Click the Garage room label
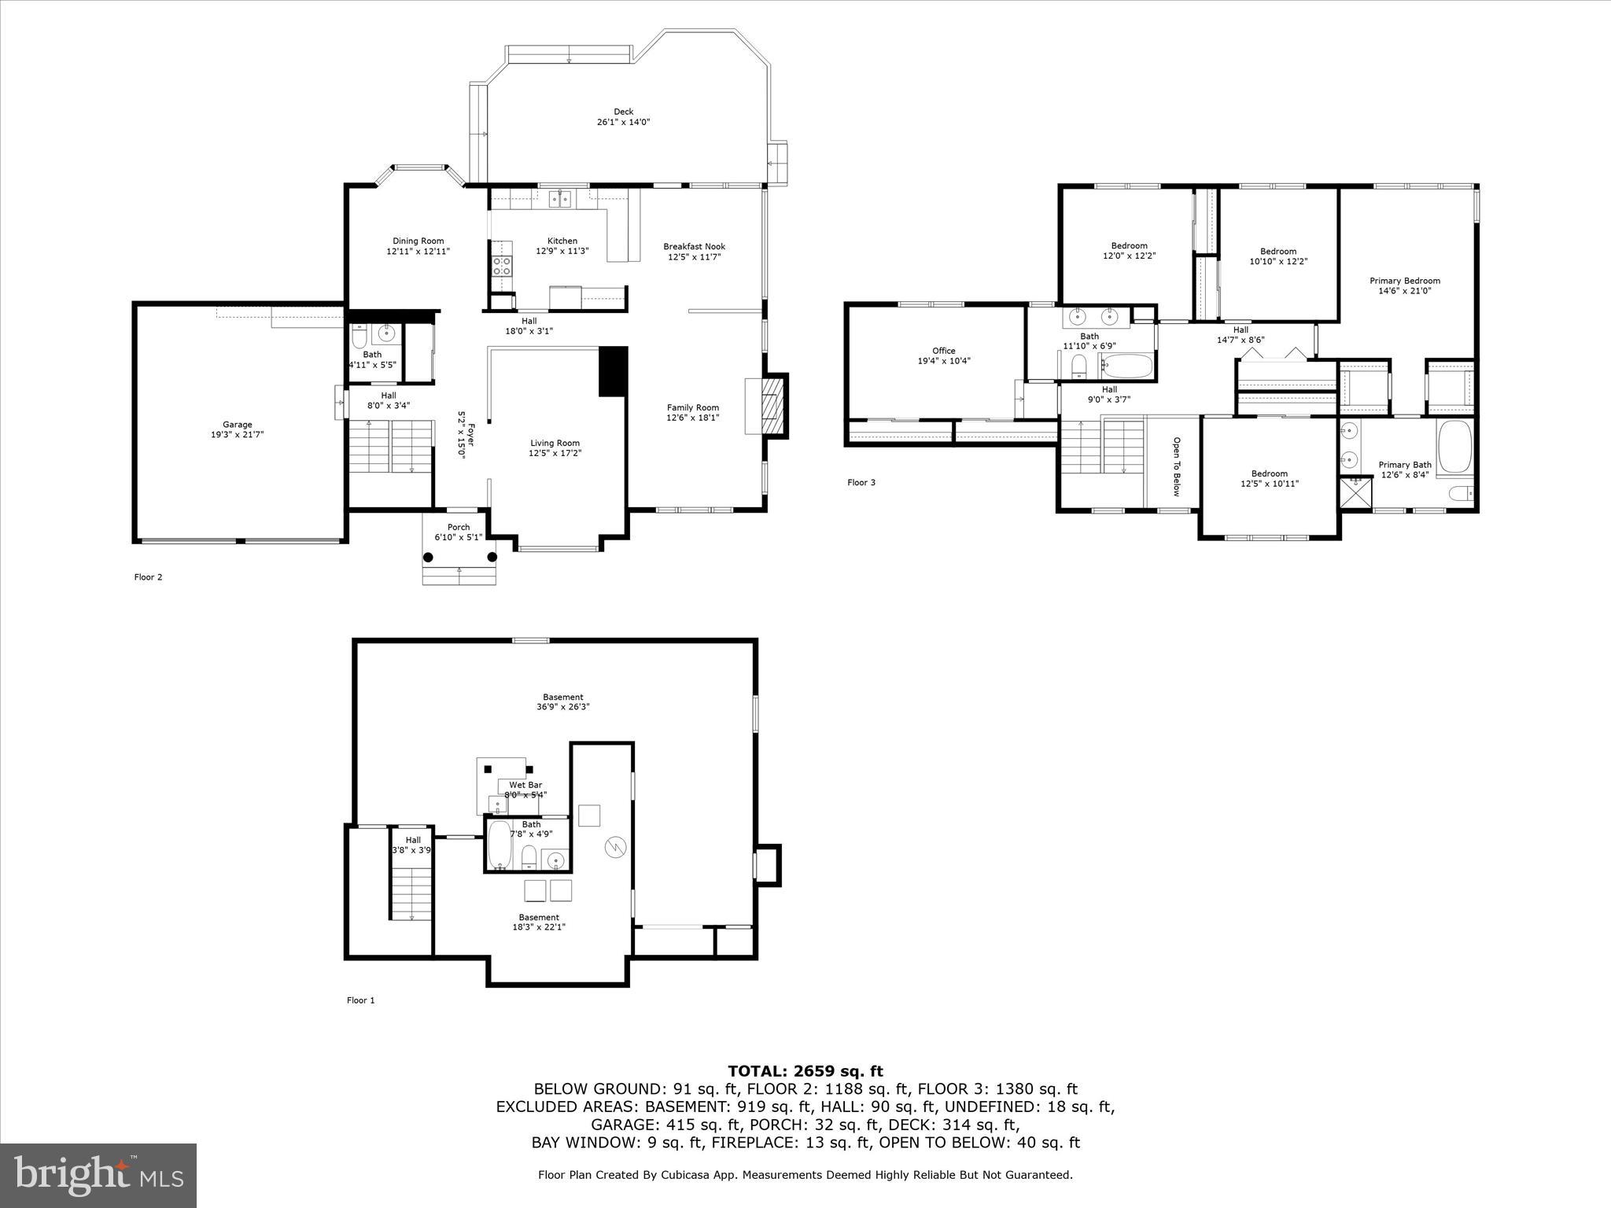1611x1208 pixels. (x=237, y=424)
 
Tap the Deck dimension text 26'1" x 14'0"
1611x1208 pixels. (x=623, y=122)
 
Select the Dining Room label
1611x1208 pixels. (x=418, y=241)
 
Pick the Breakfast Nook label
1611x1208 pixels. (x=694, y=246)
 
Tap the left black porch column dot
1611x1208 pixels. (x=428, y=557)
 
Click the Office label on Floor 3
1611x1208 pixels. (x=943, y=351)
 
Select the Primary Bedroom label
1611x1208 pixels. (x=1404, y=281)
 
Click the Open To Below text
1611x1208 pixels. (x=1177, y=466)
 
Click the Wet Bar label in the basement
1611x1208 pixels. (x=525, y=785)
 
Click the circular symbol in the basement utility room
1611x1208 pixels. (x=614, y=847)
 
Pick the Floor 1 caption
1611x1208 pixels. (x=360, y=1000)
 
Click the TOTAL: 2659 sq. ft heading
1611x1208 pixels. (x=805, y=1071)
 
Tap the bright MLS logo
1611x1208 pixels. (x=98, y=1175)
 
